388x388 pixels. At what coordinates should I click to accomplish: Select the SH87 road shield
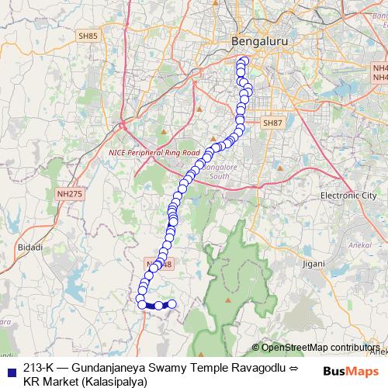[x=271, y=123]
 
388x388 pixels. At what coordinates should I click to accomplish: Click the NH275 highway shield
[x=69, y=194]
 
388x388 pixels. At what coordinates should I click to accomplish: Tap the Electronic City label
[x=348, y=196]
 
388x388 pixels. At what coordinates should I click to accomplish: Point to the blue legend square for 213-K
[x=10, y=369]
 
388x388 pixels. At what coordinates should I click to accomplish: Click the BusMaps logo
[x=352, y=371]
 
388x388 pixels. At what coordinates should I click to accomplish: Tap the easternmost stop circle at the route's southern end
[x=172, y=304]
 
